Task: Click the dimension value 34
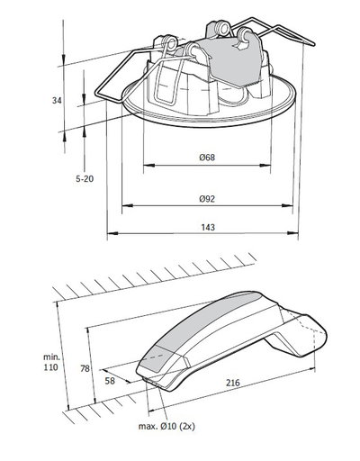pyautogui.click(x=57, y=101)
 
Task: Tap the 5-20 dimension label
pyautogui.click(x=85, y=179)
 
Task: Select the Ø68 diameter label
pyautogui.click(x=207, y=158)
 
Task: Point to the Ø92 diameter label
pyautogui.click(x=207, y=199)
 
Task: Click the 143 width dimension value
pyautogui.click(x=208, y=227)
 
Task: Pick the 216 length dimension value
pyautogui.click(x=233, y=383)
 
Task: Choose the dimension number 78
pyautogui.click(x=85, y=368)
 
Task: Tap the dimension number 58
pyautogui.click(x=110, y=381)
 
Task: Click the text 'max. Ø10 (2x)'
pyautogui.click(x=166, y=426)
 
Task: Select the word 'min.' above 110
pyautogui.click(x=51, y=357)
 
